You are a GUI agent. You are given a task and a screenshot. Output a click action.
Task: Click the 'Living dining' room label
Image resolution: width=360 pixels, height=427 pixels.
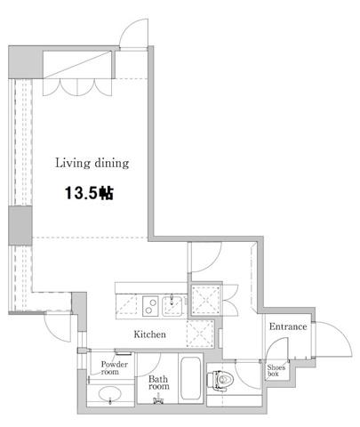click(x=92, y=163)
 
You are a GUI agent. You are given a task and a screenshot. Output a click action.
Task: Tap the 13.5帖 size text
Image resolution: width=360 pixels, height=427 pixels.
click(x=89, y=193)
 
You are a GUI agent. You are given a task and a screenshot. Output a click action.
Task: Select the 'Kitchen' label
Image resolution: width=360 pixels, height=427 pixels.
click(x=149, y=334)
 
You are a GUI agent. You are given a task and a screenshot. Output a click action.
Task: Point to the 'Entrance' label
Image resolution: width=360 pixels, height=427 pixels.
click(x=288, y=326)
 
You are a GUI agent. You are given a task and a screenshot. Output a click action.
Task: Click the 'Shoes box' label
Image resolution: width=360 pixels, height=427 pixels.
click(x=276, y=370)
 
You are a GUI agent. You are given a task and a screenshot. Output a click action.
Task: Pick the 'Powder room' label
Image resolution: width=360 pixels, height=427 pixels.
click(x=114, y=367)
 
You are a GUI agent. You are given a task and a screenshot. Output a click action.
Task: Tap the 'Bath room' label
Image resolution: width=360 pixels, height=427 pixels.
click(x=159, y=383)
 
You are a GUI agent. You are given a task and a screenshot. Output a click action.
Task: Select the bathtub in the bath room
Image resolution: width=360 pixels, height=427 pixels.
click(x=190, y=378)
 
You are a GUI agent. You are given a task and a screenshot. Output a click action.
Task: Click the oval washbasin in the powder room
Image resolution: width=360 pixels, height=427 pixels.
click(x=110, y=395)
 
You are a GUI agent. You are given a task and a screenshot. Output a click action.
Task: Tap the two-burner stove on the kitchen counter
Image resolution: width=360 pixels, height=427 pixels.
click(x=150, y=306)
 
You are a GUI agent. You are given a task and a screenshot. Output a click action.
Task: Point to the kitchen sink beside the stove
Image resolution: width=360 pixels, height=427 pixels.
click(x=172, y=306)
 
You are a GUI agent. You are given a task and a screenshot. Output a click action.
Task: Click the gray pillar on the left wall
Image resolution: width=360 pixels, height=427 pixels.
click(x=20, y=225)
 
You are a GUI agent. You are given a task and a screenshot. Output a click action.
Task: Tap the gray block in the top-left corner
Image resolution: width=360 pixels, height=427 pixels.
click(x=26, y=62)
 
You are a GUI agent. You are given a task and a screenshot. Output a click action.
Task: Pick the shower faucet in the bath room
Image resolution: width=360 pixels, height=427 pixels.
click(x=158, y=399)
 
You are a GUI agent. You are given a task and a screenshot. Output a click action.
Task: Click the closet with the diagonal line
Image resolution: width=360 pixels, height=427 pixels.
click(x=77, y=65)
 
